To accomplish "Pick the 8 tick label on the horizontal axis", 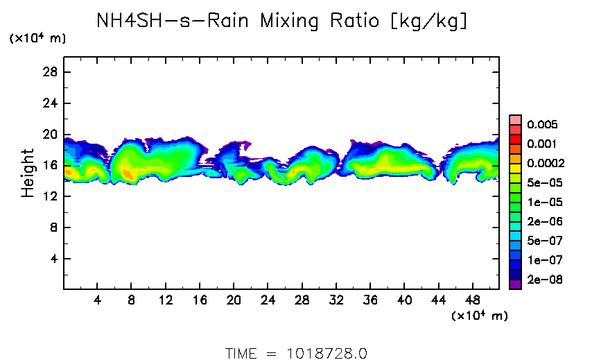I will click(131, 302).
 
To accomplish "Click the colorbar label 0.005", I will click(542, 125).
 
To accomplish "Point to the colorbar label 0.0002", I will click(545, 164).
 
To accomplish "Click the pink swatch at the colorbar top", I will click(515, 119).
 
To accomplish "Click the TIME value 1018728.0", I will click(327, 353).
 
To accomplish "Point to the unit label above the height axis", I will click(37, 39).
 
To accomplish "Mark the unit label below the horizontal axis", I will click(480, 316).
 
